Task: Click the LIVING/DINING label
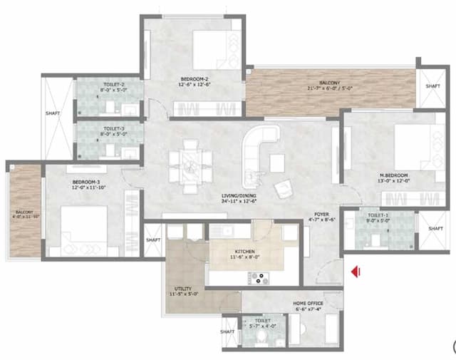[x=238, y=196]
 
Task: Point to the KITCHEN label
[x=244, y=252]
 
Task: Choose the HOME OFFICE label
[x=309, y=303]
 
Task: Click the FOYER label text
[x=321, y=213]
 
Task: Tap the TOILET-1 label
[x=378, y=215]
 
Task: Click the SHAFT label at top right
[x=432, y=86]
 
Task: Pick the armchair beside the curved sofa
[x=284, y=187]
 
